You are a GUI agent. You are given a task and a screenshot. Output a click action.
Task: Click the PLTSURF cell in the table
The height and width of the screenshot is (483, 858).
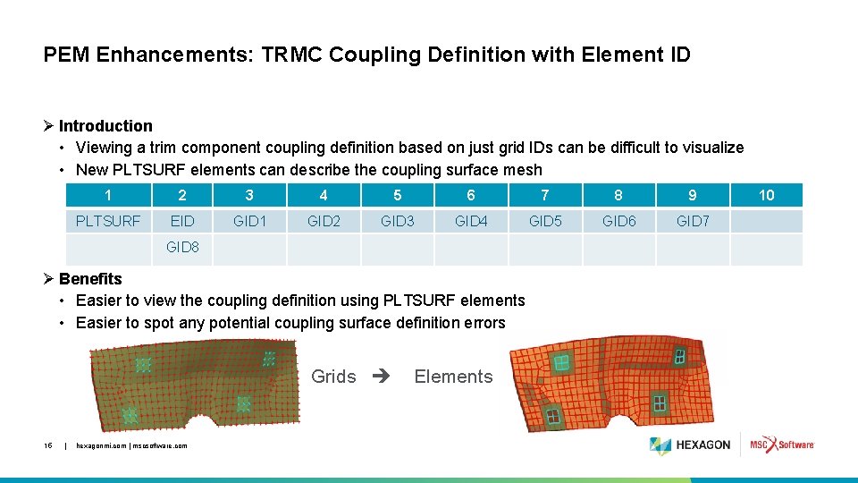point(108,221)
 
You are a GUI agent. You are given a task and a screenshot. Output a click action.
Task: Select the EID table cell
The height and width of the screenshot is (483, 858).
point(182,221)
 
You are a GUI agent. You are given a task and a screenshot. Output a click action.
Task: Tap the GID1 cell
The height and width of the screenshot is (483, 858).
point(249,221)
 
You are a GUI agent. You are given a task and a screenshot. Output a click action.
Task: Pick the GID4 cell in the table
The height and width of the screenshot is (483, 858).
point(471,221)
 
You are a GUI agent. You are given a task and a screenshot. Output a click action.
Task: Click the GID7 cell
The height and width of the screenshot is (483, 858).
point(693,221)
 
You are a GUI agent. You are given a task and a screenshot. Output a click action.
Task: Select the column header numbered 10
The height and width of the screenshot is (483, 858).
point(766,195)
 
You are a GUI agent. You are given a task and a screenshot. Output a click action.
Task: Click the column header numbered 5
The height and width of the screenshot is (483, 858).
point(397,195)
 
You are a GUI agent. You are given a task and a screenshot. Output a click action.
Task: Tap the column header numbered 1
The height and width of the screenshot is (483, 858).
point(108,195)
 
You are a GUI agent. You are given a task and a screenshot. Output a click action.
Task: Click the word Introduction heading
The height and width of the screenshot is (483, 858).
point(105,126)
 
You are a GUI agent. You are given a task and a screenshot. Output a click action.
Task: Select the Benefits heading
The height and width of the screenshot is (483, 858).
point(90,279)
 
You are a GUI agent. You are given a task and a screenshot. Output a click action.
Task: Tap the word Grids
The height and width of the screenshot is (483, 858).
point(333,377)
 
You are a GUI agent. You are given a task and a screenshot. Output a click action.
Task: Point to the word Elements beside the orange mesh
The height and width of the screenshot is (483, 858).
point(453,377)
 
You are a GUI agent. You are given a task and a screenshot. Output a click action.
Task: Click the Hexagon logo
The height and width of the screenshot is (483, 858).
point(690,445)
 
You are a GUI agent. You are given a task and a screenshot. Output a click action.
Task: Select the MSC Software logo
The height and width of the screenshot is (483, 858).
point(782,445)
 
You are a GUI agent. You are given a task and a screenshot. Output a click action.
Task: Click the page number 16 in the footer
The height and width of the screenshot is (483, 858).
point(48,445)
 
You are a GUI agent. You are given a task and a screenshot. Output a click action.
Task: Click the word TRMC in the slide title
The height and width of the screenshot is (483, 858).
point(292,55)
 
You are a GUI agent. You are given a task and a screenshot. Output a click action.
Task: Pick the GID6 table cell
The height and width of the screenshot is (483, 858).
point(618,221)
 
